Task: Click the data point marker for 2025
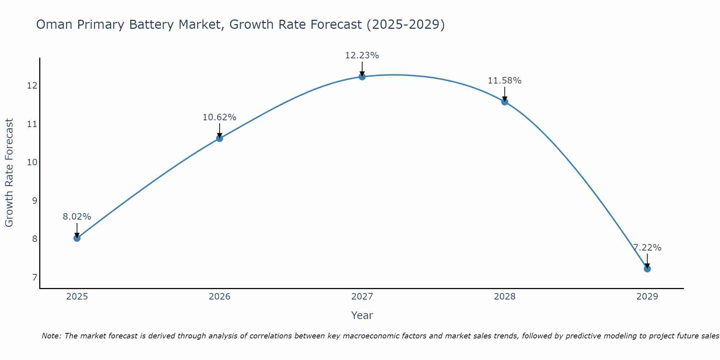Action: click(77, 238)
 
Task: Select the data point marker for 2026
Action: click(219, 138)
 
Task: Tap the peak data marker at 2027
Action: click(362, 77)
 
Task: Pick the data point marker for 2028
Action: click(505, 102)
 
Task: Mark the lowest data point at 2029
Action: click(647, 269)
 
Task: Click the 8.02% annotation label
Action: click(77, 217)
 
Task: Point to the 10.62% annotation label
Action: click(219, 117)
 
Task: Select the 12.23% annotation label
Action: click(362, 55)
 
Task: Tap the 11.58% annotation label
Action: click(504, 81)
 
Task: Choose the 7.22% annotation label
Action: click(647, 248)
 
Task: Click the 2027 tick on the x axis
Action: click(362, 297)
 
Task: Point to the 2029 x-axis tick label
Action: click(647, 297)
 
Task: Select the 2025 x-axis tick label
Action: click(77, 297)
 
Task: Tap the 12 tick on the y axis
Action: click(32, 86)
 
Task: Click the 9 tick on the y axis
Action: click(35, 201)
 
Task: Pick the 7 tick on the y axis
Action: click(35, 277)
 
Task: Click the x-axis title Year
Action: click(362, 315)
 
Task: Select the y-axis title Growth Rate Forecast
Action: click(9, 173)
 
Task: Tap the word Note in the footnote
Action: click(51, 336)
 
